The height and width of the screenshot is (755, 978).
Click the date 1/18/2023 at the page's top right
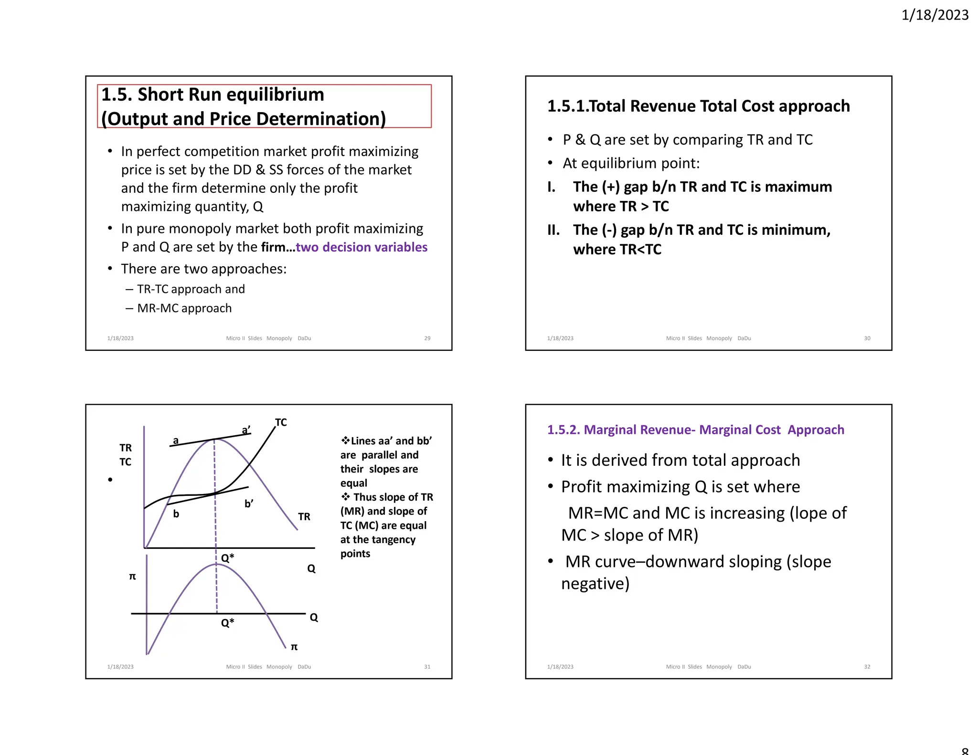[x=935, y=15]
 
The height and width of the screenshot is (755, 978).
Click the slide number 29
[x=427, y=338]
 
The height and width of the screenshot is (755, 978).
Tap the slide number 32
[x=867, y=667]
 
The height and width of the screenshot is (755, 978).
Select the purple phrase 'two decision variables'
[x=361, y=247]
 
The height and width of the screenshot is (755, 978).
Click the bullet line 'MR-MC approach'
[x=184, y=308]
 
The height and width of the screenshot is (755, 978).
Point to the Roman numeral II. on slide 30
[x=553, y=230]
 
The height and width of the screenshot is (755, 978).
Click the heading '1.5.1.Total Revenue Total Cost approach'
[x=698, y=106]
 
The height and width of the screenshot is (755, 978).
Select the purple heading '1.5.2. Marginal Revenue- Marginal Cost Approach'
[x=695, y=430]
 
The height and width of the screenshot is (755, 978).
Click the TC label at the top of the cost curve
[x=281, y=422]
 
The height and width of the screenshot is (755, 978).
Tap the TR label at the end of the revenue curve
[x=304, y=517]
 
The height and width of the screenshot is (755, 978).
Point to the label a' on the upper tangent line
[x=246, y=430]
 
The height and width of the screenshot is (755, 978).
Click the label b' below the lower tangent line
[x=249, y=503]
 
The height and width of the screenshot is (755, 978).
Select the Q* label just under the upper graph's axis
[x=227, y=558]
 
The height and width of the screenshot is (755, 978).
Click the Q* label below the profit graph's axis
[x=227, y=623]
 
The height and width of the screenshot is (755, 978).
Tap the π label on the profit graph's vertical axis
[x=132, y=577]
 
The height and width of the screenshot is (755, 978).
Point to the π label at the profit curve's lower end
[x=294, y=647]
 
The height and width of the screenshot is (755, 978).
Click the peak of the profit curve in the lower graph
[x=216, y=565]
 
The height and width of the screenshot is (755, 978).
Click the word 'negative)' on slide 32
[x=595, y=584]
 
